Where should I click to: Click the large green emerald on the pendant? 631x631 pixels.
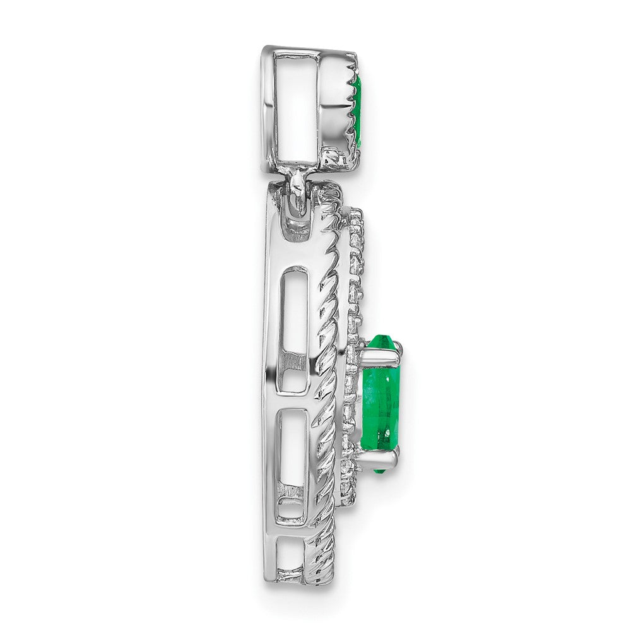click(381, 404)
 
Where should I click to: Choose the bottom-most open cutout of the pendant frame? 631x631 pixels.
click(292, 562)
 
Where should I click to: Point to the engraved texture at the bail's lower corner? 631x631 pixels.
click(331, 158)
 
